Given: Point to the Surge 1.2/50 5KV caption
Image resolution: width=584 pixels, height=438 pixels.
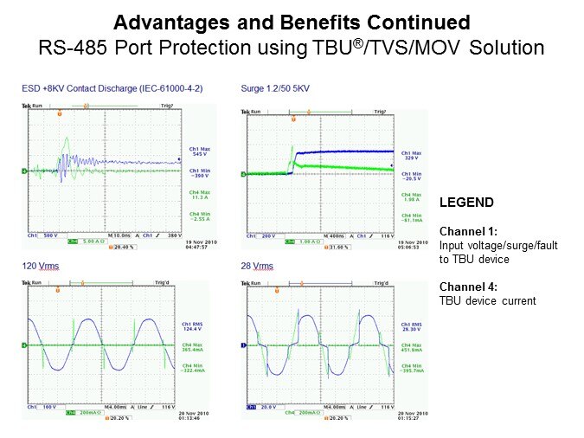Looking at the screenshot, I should click(274, 88).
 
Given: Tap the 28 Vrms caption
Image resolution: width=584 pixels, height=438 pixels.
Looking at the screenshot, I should click(255, 265).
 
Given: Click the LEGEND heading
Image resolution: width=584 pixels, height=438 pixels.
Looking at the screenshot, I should click(466, 203).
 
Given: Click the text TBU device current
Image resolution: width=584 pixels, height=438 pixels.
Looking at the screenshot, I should click(486, 300).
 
